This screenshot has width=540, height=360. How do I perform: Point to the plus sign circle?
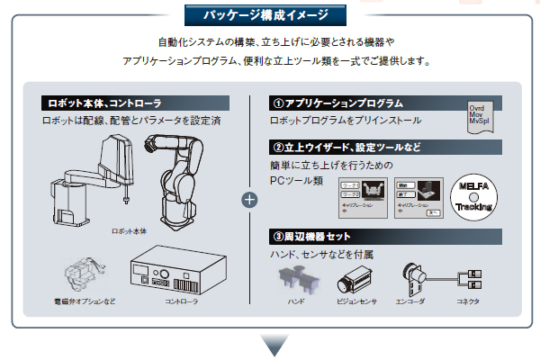click(x=250, y=199)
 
